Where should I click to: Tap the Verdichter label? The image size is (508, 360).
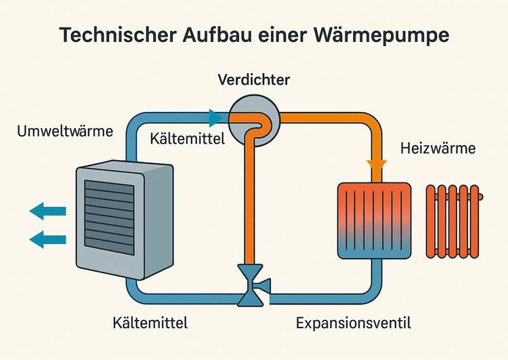point(254,81)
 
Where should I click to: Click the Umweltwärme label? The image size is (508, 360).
point(64,131)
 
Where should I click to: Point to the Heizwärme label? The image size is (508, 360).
point(438,148)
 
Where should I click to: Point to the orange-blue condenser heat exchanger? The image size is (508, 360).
point(374,219)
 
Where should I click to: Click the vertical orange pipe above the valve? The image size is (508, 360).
point(251,203)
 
